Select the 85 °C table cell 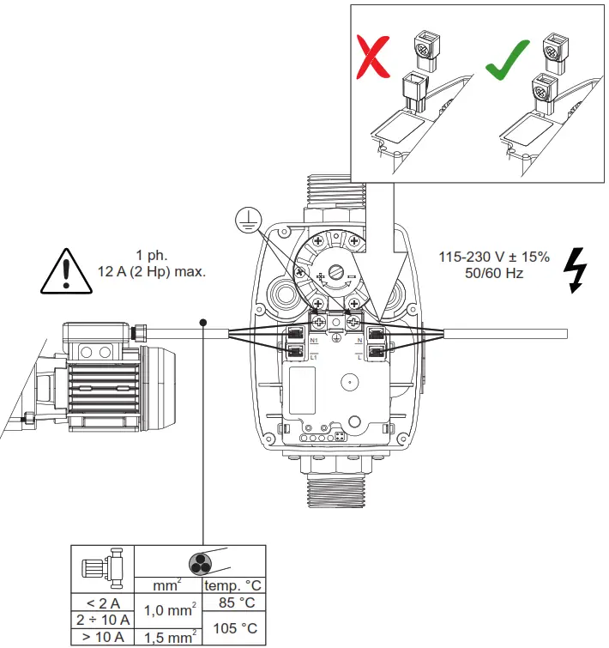[x=234, y=603]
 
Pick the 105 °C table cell [x=234, y=627]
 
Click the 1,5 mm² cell [x=169, y=636]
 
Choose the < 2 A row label [x=103, y=603]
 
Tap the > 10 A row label [x=103, y=636]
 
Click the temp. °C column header [x=234, y=586]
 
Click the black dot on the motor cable [x=203, y=323]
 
